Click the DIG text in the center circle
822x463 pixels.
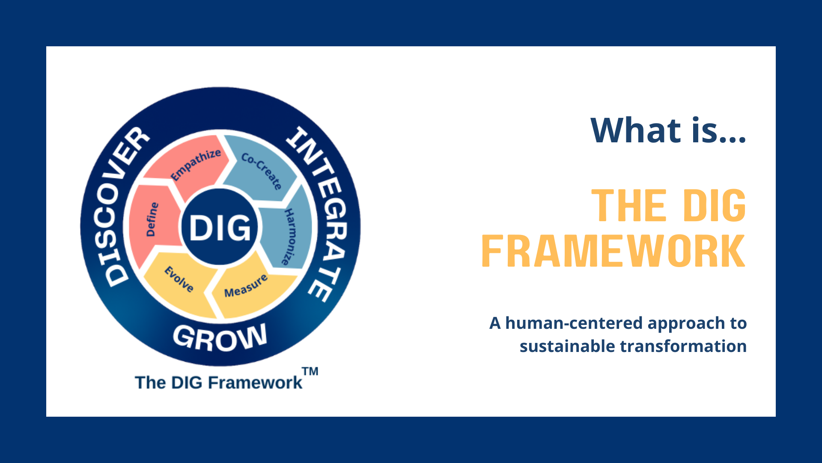click(220, 227)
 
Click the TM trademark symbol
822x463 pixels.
click(310, 371)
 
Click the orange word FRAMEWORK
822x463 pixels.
click(614, 251)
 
